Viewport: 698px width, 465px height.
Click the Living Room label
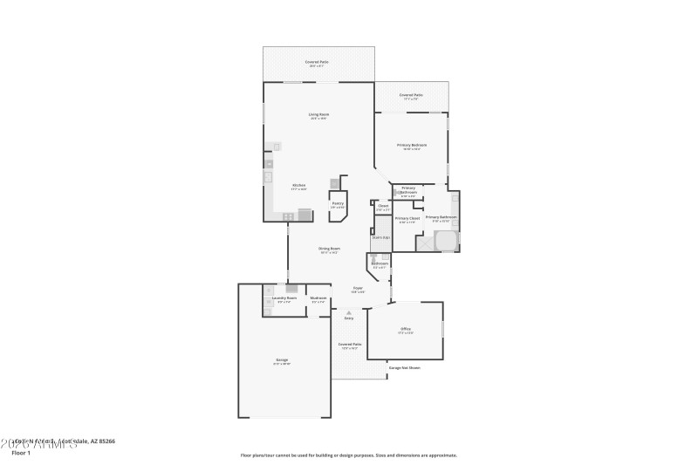(318, 114)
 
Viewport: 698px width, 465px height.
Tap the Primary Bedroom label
(412, 145)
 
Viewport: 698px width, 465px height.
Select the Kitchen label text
(298, 185)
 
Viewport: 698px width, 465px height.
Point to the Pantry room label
(337, 203)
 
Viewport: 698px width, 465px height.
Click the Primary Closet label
(407, 218)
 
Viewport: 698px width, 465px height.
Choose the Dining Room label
(329, 249)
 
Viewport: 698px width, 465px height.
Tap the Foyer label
(358, 287)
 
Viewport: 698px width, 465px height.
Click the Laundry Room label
(284, 298)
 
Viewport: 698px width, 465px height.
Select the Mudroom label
(318, 298)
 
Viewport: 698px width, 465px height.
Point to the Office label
(406, 328)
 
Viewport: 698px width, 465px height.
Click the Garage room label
(282, 359)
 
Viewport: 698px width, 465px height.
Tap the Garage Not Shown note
(404, 367)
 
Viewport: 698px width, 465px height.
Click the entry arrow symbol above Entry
(349, 311)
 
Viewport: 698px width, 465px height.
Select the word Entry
(349, 318)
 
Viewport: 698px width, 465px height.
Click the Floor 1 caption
(20, 453)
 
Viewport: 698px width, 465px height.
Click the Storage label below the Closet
(380, 237)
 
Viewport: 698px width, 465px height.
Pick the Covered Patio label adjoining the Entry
(349, 344)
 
